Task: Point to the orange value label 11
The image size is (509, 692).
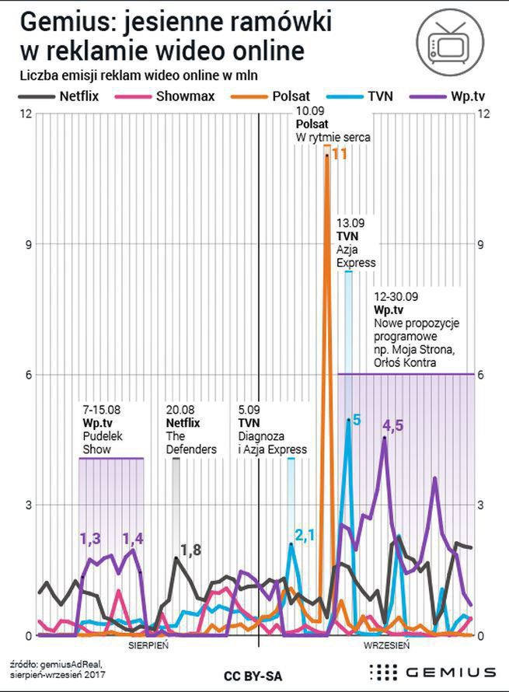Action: click(339, 154)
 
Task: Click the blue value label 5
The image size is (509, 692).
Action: click(357, 421)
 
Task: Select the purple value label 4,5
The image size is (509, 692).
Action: click(393, 425)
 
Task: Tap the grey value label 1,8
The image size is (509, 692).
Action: click(191, 550)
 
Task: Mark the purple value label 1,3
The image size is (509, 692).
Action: click(91, 538)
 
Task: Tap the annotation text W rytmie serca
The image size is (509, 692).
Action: click(333, 138)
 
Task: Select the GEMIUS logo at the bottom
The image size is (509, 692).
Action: click(431, 672)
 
